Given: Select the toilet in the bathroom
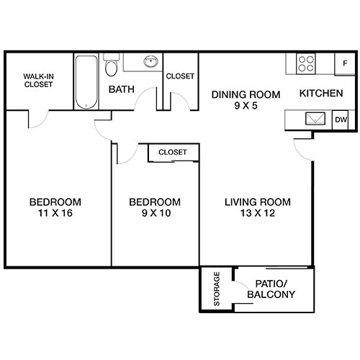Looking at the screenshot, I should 110,68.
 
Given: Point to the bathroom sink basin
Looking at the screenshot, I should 151,63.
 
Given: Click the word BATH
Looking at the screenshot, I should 122,90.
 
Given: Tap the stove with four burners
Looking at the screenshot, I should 306,63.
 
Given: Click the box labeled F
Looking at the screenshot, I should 345,63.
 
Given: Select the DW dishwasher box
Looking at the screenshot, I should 341,120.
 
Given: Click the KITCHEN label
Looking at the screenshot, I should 321,94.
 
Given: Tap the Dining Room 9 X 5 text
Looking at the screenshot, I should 235,99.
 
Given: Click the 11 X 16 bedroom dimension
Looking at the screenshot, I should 55,213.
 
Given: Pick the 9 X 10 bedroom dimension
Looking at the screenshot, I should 154,213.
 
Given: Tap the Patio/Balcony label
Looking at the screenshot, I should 269,289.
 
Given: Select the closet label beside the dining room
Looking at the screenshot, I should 180,76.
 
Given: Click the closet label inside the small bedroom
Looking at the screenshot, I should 173,153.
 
